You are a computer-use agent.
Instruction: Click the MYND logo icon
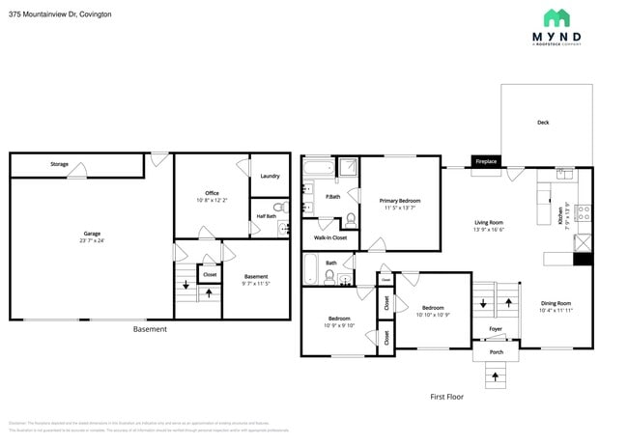(556, 17)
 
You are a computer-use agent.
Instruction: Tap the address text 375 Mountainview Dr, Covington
(59, 14)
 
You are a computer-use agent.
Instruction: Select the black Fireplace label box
(486, 161)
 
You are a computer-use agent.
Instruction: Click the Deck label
(543, 123)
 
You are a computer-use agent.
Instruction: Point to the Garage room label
(92, 234)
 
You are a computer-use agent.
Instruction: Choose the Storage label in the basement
(59, 165)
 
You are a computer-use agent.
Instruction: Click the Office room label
(212, 193)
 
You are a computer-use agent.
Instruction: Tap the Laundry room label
(270, 176)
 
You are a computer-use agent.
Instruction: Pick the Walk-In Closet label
(330, 236)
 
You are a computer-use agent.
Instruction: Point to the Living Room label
(489, 223)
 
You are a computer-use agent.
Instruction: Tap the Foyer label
(496, 329)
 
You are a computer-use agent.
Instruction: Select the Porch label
(497, 351)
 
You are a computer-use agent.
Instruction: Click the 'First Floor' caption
(447, 397)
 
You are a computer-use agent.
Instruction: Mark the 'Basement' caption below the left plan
(150, 329)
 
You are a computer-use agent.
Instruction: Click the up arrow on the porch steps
(497, 375)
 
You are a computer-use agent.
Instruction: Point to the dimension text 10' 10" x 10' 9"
(433, 316)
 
